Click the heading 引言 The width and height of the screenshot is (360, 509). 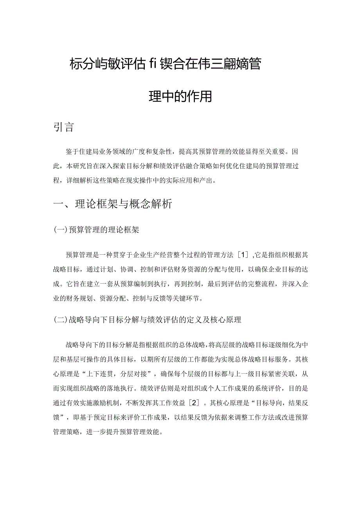click(63, 127)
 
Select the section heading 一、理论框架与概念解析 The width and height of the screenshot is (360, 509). click(113, 204)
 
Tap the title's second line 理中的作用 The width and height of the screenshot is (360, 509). click(180, 96)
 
